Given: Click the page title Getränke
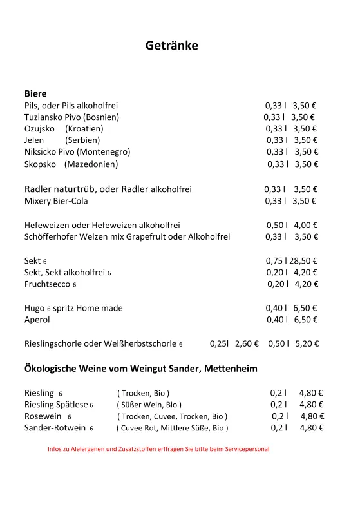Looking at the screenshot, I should tap(171, 46).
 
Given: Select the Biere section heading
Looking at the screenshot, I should tap(35, 93).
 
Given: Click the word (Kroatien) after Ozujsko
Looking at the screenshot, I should tap(84, 129).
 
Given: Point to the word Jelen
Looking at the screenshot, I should tap(34, 140).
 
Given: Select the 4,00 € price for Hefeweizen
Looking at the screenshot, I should tap(306, 226).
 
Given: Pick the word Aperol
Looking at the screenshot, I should tap(37, 320).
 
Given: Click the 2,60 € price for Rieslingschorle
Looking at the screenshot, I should tap(247, 344).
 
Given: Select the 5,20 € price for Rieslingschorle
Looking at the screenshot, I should tap(307, 344).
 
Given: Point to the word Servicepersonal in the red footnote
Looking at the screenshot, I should tap(245, 449).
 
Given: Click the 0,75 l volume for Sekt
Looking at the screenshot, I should tap(274, 261).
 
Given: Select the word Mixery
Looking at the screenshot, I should tap(38, 201).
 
